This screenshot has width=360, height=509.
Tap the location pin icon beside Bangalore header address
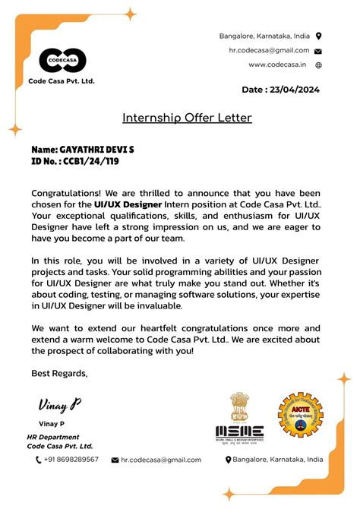[x=318, y=36]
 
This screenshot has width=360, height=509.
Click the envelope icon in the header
[x=318, y=51]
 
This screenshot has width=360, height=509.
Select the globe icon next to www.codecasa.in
[x=318, y=65]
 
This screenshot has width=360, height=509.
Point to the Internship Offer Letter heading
[x=187, y=118]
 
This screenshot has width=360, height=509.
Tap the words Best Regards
[x=59, y=372]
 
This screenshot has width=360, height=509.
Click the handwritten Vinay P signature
[x=59, y=404]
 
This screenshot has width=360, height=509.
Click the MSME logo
[x=239, y=417]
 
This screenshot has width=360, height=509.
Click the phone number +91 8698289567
[x=71, y=460]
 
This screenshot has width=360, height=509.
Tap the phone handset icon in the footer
[x=39, y=460]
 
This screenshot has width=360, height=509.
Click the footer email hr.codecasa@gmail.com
[x=161, y=460]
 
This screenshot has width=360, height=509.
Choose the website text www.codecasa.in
[x=276, y=65]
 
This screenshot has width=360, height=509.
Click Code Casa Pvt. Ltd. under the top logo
[x=62, y=81]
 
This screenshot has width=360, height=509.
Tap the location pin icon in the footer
[x=228, y=460]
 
